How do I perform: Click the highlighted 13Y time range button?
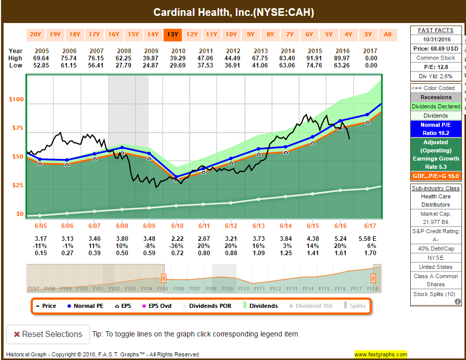(x=172, y=34)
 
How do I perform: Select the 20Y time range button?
(x=35, y=34)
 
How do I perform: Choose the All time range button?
(x=387, y=34)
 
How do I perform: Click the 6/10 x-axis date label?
(x=177, y=226)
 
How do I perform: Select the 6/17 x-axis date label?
(x=370, y=226)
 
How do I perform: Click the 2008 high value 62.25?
(x=123, y=58)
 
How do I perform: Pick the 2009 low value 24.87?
(x=151, y=65)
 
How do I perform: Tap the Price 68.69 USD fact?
(x=436, y=49)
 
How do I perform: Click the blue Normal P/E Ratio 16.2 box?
(x=436, y=129)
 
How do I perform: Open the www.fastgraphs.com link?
(x=381, y=354)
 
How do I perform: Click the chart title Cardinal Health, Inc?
(x=234, y=12)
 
